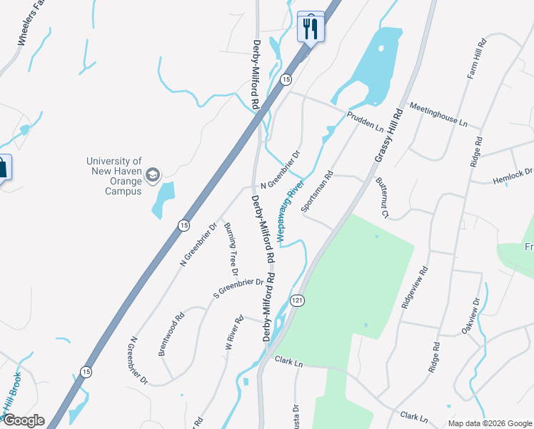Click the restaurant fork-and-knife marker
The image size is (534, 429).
(311, 28)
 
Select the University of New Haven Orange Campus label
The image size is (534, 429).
(114, 176)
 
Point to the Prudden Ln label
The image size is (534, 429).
(366, 119)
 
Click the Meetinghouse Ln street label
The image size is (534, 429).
(438, 114)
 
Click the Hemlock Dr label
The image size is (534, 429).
(513, 176)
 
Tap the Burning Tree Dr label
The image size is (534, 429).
(231, 249)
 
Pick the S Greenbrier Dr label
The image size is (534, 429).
(238, 287)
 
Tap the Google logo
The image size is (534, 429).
(23, 420)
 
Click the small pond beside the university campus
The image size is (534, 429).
(163, 199)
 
